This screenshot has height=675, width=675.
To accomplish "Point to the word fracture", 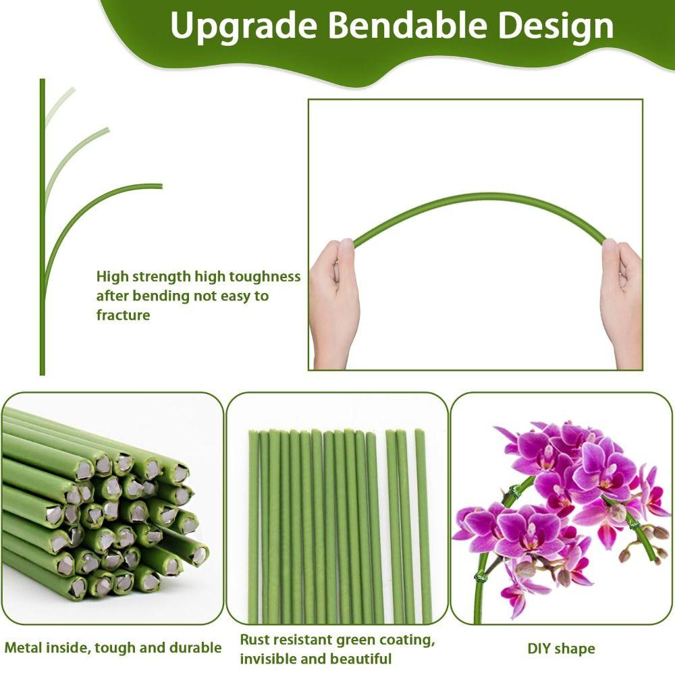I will coord(123,315).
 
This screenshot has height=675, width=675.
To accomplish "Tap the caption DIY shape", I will coord(561,649).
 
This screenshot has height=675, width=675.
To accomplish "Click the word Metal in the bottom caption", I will coord(24,648).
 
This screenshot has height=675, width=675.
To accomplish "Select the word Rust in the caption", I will coord(255,639).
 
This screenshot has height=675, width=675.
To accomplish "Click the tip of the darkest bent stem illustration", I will coord(161,186).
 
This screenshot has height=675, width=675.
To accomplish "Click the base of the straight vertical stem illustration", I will coord(42,371).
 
